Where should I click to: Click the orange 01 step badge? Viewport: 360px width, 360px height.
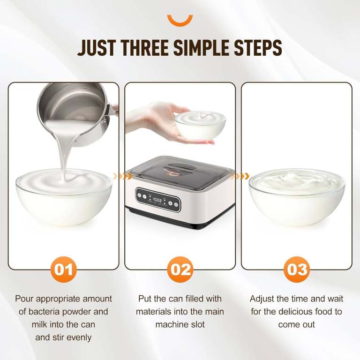point(64,270)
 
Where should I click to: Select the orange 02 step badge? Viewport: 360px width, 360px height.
point(180,270)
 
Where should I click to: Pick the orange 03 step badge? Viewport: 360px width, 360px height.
point(297,270)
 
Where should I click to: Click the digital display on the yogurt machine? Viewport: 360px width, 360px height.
point(157,200)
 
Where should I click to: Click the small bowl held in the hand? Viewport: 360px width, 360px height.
point(200,125)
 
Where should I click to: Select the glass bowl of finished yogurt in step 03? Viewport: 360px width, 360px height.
point(297,197)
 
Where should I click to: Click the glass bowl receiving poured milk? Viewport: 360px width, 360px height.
point(64,197)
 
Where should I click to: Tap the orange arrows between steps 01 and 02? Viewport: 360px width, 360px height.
point(123,176)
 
